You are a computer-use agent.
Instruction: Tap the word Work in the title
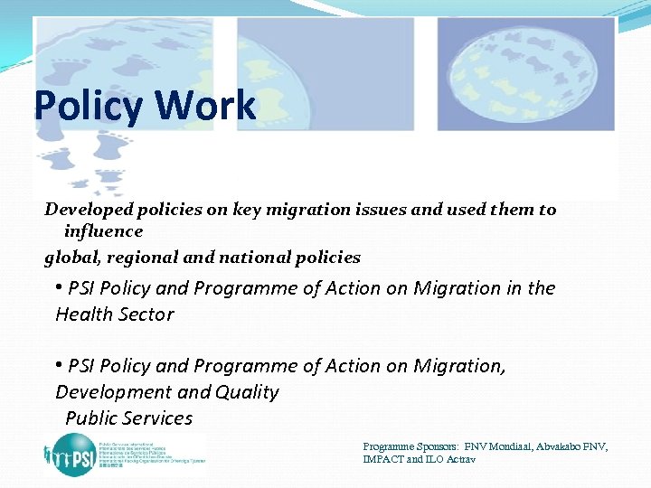coord(205,106)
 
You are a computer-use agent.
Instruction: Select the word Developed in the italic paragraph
coord(90,210)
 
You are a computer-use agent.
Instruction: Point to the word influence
coord(103,231)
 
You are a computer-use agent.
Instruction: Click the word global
coord(72,258)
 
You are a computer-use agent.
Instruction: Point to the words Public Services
coord(128,418)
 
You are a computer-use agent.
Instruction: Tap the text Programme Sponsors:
coord(411,447)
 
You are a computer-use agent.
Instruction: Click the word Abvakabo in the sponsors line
coord(562,447)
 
